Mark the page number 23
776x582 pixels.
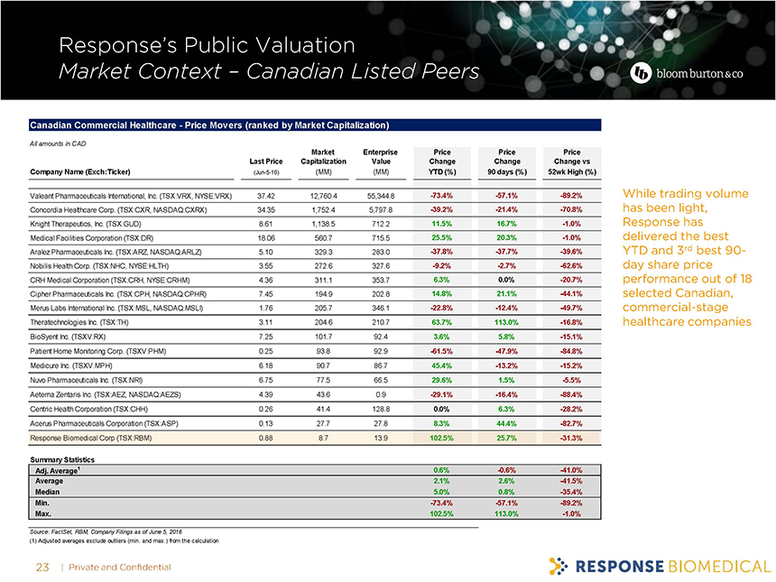click(x=41, y=567)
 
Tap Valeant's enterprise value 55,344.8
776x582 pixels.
click(x=380, y=196)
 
